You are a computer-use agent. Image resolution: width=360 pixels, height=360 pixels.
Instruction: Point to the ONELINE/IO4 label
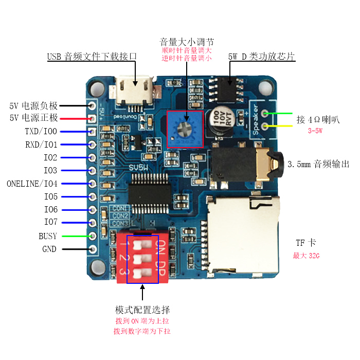pos(32,183)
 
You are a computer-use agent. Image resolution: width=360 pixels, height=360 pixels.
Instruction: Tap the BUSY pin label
pos(48,236)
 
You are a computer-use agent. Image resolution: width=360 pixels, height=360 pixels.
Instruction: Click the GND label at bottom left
pos(49,249)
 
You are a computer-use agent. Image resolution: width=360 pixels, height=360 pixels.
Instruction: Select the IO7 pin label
pos(50,223)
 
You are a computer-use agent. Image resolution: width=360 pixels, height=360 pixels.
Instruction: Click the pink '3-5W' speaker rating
pos(315,131)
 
